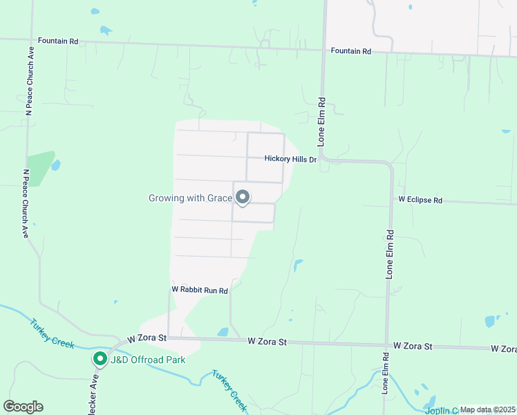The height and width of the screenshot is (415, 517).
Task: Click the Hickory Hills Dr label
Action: point(290,159)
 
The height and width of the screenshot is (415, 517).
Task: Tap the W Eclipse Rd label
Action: point(420,200)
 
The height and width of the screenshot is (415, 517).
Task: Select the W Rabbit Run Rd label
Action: point(200,290)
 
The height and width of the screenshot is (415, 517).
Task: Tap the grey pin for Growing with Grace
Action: point(243,198)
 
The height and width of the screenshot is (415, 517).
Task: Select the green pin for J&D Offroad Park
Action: point(100,359)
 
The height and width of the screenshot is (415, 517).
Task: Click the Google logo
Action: point(23,407)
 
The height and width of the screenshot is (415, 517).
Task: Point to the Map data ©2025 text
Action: point(487,409)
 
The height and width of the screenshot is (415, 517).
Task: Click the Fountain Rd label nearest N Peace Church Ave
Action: point(58,41)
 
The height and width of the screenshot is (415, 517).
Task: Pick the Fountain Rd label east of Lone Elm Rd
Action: point(350,51)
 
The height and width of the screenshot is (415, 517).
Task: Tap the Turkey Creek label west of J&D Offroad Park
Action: point(52,333)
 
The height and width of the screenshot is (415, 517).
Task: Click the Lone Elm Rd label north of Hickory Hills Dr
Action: point(321,120)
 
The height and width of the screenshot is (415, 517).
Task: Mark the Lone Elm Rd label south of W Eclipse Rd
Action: point(390,254)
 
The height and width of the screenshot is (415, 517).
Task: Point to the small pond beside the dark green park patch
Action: point(55,165)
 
